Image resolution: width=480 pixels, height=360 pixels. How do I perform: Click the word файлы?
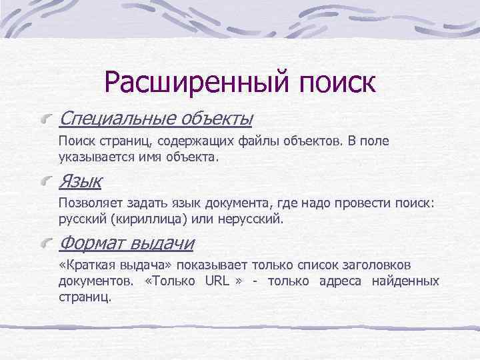point(257,142)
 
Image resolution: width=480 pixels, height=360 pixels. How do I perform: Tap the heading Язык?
point(80,181)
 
